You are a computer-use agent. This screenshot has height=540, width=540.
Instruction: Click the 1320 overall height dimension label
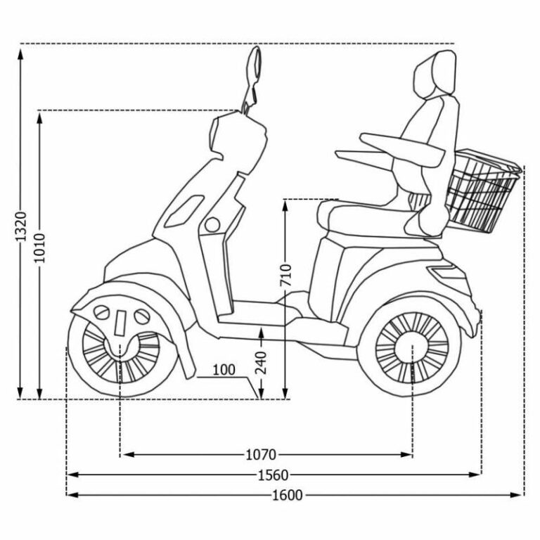(20, 226)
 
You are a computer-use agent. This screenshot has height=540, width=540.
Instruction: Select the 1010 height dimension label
(39, 247)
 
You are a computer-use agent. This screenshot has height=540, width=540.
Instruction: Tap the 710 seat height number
(285, 275)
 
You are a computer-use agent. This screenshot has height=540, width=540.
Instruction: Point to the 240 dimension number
(261, 363)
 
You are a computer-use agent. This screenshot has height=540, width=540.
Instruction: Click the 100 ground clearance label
(224, 370)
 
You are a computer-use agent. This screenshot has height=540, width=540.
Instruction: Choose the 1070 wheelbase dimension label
(261, 455)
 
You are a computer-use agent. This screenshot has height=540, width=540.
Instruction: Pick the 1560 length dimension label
(273, 475)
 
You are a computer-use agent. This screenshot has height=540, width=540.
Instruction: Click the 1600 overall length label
(288, 495)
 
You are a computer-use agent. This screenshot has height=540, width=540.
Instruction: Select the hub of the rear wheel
(412, 347)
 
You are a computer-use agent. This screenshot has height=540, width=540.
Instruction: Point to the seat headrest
(436, 73)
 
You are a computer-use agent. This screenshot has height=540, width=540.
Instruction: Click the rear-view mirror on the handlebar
(255, 65)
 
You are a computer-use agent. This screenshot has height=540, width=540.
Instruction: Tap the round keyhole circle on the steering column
(212, 225)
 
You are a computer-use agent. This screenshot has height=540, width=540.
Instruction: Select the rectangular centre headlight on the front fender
(120, 323)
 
